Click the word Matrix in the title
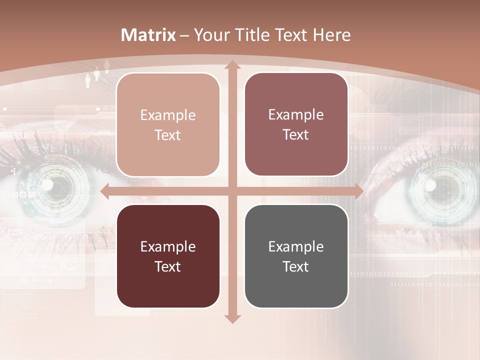[x=148, y=35]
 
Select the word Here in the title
[x=331, y=35]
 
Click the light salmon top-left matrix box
[x=168, y=125]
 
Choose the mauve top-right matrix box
[x=296, y=124]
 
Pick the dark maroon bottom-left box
[x=168, y=256]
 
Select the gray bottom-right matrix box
[x=296, y=256]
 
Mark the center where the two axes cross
[x=232, y=191]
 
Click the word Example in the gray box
[x=296, y=246]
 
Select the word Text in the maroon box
[x=168, y=266]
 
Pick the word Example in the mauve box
[x=296, y=114]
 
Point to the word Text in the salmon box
[x=168, y=135]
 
